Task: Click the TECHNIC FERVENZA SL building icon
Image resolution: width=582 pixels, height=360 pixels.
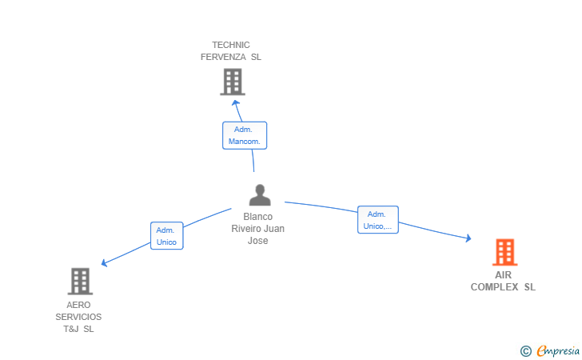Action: [x=233, y=82]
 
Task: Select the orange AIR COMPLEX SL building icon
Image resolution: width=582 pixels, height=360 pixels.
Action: [x=504, y=252]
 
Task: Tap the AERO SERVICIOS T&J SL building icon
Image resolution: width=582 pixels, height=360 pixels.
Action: [x=80, y=282]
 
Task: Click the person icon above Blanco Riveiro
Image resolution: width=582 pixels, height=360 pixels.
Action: [x=260, y=195]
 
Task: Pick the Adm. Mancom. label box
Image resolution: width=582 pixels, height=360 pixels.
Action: [x=245, y=135]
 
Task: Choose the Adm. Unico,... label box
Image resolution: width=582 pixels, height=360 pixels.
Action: [x=378, y=219]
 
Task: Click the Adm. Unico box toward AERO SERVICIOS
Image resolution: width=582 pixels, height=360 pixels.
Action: [x=166, y=235]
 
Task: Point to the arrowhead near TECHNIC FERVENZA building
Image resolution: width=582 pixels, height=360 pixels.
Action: [x=235, y=102]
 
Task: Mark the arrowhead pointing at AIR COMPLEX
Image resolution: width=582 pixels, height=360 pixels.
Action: [x=468, y=238]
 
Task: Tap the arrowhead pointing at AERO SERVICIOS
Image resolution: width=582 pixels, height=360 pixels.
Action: [x=104, y=263]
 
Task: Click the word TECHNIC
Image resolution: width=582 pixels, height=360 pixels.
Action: [x=231, y=45]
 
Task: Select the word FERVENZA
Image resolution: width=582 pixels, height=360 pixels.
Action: [x=223, y=57]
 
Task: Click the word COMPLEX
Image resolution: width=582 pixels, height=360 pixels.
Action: [x=494, y=287]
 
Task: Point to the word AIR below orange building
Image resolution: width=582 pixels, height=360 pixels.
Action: [x=504, y=275]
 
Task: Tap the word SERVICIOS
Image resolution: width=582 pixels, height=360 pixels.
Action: [x=78, y=317]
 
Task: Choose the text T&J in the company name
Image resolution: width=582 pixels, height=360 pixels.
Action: [x=71, y=329]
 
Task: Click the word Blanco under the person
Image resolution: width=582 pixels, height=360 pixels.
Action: [x=258, y=217]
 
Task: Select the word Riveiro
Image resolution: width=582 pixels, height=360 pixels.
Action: [x=244, y=229]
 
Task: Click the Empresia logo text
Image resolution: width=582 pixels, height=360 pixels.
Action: [x=558, y=350]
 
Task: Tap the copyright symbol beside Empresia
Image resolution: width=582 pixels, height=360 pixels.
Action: [x=526, y=351]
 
